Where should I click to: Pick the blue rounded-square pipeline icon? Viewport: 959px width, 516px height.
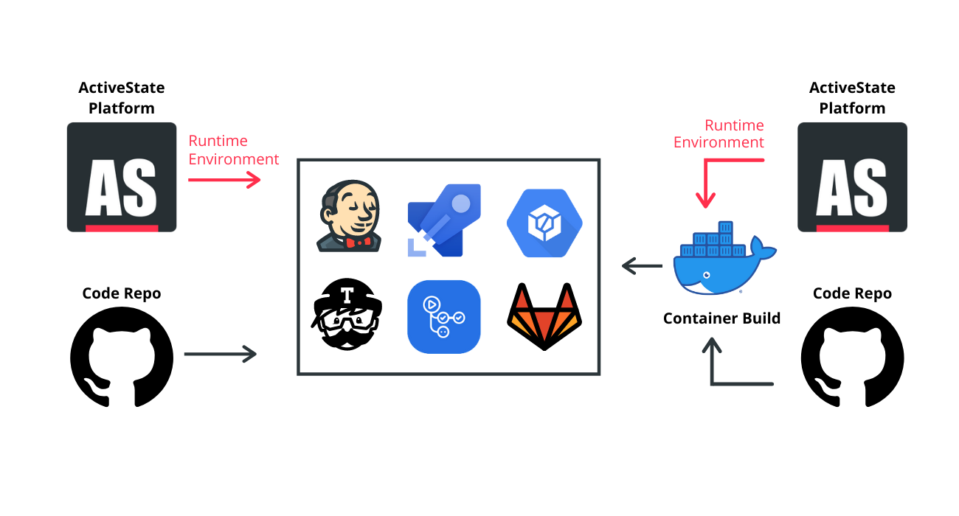(444, 317)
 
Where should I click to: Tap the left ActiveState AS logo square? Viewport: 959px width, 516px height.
(122, 178)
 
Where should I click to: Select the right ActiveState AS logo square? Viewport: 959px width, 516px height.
(852, 178)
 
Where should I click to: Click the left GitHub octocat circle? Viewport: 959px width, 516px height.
(122, 355)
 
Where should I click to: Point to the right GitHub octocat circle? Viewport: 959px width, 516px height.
(852, 355)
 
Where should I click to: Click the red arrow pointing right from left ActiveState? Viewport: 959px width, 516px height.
(224, 179)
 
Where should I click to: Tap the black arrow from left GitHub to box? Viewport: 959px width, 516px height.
(220, 355)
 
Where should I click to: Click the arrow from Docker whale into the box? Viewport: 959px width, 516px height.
(642, 265)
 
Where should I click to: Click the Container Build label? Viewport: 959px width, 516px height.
(721, 318)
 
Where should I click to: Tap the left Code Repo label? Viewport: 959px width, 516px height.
(122, 293)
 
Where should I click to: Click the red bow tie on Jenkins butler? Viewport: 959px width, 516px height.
(358, 242)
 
